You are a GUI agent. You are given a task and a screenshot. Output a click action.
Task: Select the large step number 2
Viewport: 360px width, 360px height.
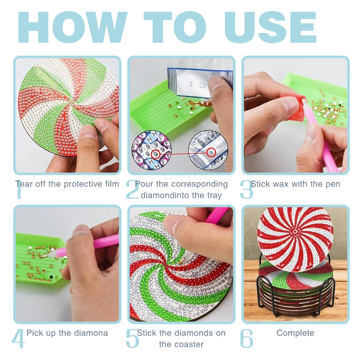click(x=132, y=189)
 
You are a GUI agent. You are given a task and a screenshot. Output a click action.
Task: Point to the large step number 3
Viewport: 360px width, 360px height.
click(x=246, y=189)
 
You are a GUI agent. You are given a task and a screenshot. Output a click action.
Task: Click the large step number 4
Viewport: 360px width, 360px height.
click(x=18, y=338)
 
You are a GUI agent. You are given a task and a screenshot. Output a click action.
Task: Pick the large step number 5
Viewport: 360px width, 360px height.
click(x=132, y=338)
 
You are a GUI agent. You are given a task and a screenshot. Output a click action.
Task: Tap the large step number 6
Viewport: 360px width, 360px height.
click(x=246, y=338)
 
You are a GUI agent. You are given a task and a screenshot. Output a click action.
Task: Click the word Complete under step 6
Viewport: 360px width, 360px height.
click(x=295, y=333)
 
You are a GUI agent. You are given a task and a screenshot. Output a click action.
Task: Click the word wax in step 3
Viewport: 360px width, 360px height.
click(x=279, y=184)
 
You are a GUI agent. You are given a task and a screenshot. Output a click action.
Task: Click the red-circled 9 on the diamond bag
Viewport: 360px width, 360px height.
click(x=211, y=152)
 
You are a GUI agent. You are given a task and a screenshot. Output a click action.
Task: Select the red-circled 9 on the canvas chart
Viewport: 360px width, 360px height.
click(x=156, y=154)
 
